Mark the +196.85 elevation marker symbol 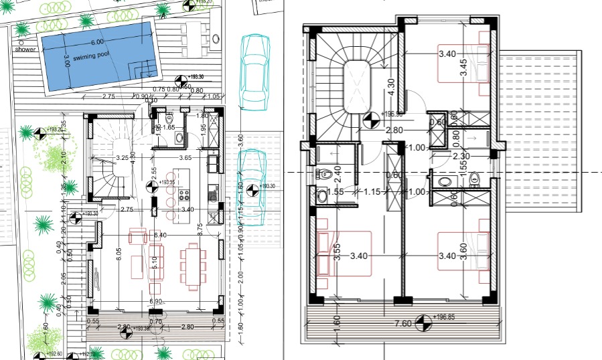423,323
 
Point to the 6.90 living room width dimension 156,302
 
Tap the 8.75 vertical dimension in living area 200,228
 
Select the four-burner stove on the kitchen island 183,195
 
